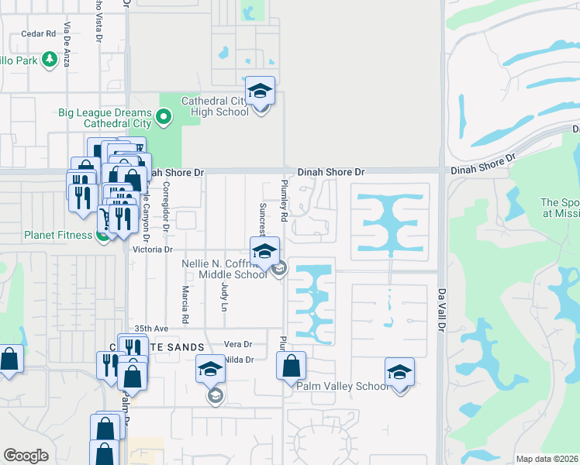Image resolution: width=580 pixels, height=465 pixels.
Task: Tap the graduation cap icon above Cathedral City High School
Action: pos(261,91)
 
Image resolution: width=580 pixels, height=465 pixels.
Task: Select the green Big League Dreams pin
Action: pos(164,118)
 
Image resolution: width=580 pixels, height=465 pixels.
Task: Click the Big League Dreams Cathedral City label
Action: pos(104,118)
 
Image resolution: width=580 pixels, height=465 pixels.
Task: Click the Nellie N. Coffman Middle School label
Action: pos(224,269)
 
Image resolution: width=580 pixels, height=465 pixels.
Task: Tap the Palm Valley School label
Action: pos(342,386)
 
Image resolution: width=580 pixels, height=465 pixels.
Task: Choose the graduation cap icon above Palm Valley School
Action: pos(399,372)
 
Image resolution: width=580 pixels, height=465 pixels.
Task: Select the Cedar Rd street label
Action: pos(39,33)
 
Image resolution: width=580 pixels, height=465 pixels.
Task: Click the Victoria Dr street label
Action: pos(152,250)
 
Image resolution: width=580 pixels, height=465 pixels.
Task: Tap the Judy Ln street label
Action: pos(225,297)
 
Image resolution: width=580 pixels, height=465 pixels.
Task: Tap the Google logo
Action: pos(26,456)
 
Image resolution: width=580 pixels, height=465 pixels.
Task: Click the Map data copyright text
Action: pos(547,459)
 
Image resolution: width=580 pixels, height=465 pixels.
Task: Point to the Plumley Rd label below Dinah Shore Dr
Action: pos(284,202)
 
